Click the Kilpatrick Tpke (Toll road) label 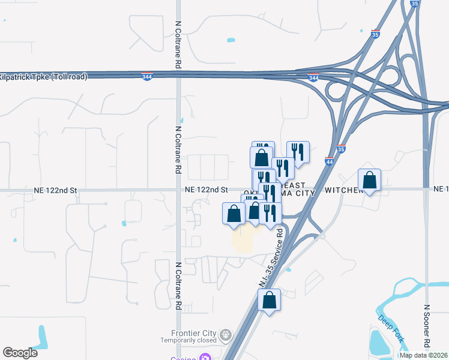[43, 77]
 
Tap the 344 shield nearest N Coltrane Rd [147, 76]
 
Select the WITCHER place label [344, 190]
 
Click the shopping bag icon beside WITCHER [370, 179]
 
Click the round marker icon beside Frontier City [225, 334]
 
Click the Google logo [20, 353]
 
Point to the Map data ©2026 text [423, 355]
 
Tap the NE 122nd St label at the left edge [56, 190]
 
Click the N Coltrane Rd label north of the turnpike [179, 42]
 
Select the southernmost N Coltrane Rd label [178, 285]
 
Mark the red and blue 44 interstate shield [329, 161]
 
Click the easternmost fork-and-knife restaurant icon [298, 151]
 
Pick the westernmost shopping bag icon [234, 213]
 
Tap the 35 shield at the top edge [415, 3]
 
